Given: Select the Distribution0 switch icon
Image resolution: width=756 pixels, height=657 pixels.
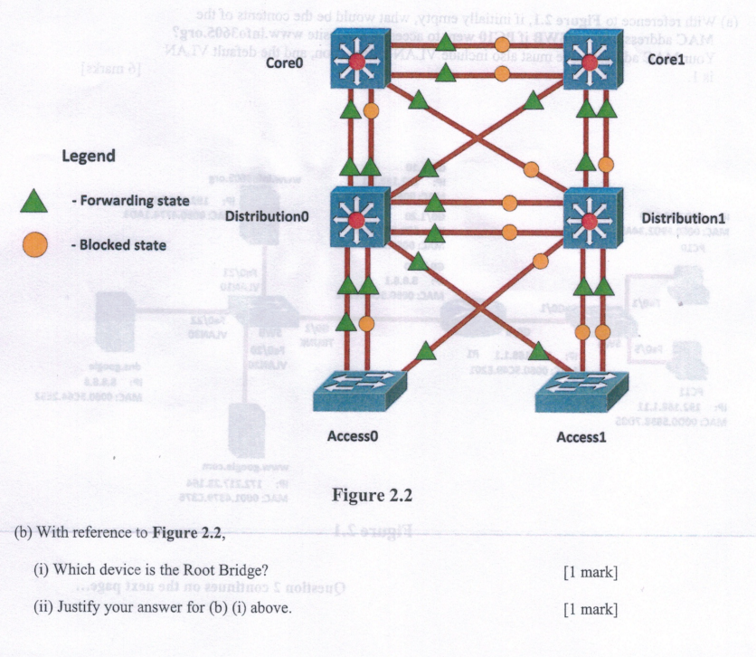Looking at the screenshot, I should (359, 217).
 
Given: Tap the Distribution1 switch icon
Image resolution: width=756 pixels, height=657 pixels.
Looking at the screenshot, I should (592, 217).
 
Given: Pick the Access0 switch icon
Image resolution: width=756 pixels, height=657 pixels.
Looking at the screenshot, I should (359, 392).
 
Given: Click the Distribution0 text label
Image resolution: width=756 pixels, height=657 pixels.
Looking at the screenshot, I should (267, 217).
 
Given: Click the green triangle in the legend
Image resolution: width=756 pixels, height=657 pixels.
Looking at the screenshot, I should (34, 201).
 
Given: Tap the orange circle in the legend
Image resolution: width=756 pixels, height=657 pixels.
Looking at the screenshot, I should (34, 243).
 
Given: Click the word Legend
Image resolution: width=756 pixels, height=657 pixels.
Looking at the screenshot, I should (88, 156).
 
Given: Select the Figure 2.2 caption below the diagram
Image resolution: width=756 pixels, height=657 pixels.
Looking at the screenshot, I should (372, 495).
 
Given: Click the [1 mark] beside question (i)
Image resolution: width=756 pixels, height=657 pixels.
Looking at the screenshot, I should (590, 571).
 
